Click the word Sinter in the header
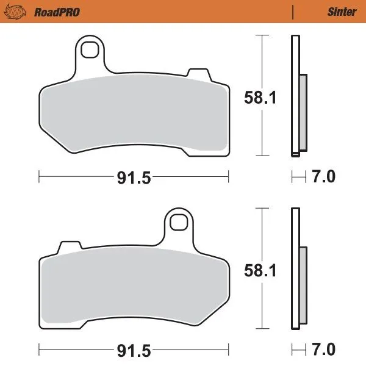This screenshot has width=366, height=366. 341,12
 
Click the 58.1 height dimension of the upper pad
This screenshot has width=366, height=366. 261,97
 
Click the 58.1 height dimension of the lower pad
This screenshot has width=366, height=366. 261,270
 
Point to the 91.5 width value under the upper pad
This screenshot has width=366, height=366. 134,178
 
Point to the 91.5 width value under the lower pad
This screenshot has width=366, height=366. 134,351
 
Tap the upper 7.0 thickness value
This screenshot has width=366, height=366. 323,178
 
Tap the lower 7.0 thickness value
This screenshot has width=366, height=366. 323,351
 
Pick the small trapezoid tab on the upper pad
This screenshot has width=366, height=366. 196,74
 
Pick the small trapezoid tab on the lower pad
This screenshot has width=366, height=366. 70,248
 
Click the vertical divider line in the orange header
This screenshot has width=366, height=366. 293,12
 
